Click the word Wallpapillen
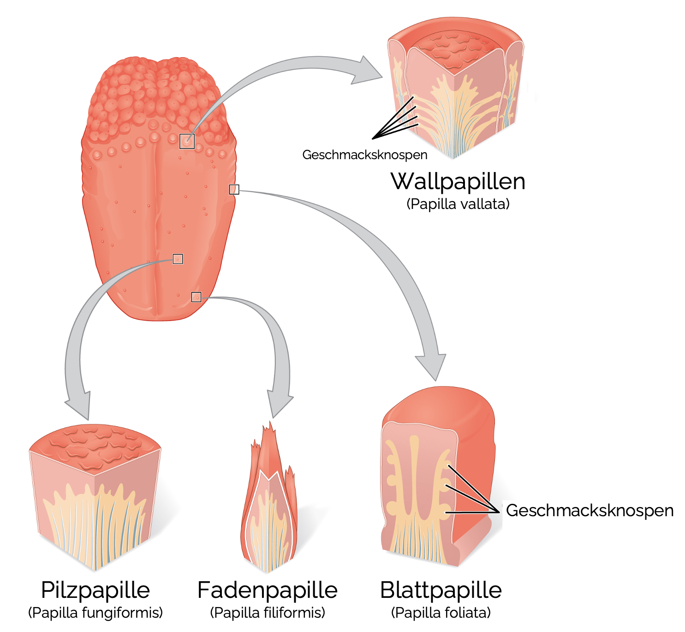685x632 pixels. tap(458, 181)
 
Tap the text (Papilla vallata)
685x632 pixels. tap(458, 204)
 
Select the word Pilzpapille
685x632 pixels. tap(95, 590)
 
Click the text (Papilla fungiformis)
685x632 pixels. tap(95, 613)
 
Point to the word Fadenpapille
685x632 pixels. tap(268, 590)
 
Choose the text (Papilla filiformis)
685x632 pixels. tap(268, 613)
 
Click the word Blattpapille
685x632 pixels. tap(441, 590)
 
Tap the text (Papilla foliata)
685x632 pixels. tap(441, 613)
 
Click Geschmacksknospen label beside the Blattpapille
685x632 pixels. tap(590, 511)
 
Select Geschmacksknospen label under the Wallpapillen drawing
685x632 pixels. tap(364, 155)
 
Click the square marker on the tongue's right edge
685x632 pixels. tap(234, 189)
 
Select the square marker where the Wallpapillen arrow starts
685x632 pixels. tap(187, 141)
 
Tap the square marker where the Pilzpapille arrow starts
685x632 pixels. tap(178, 259)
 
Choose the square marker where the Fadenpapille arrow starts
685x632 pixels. tap(197, 297)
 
